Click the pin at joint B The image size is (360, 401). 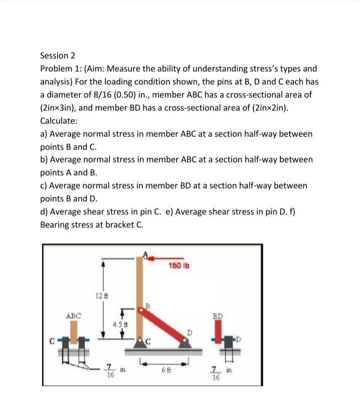click(142, 311)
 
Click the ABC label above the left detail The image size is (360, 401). click(73, 316)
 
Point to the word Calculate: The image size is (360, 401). click(58, 121)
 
